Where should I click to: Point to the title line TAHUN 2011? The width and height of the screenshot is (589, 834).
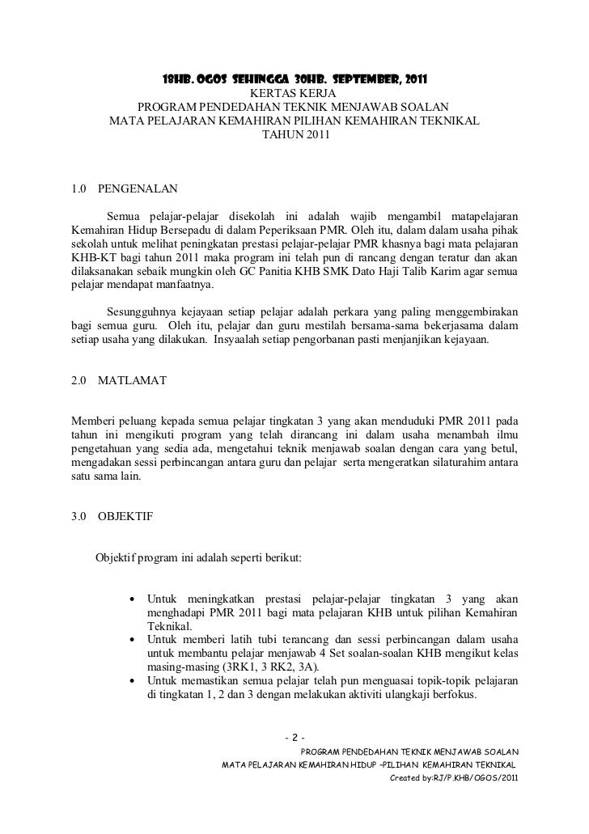tap(294, 135)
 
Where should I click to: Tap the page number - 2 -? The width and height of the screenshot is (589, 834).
tap(294, 737)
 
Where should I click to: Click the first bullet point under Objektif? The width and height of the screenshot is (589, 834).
tap(132, 599)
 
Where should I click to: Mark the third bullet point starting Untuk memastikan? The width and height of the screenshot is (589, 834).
tap(132, 681)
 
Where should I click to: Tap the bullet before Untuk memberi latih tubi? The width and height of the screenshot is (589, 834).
tap(132, 640)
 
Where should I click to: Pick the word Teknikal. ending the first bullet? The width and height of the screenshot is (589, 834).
tap(169, 626)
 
